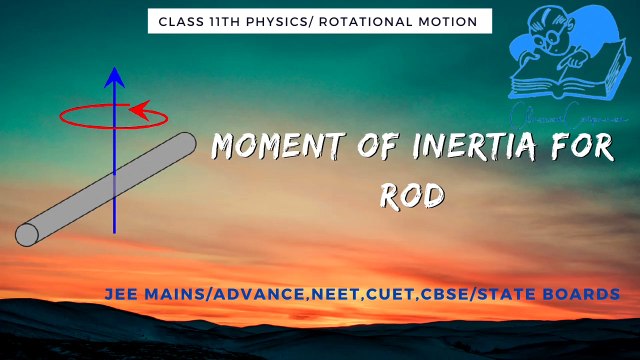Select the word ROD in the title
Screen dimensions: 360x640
(411, 195)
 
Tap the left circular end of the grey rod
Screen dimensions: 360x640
(27, 235)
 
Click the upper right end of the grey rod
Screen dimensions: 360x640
(185, 144)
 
